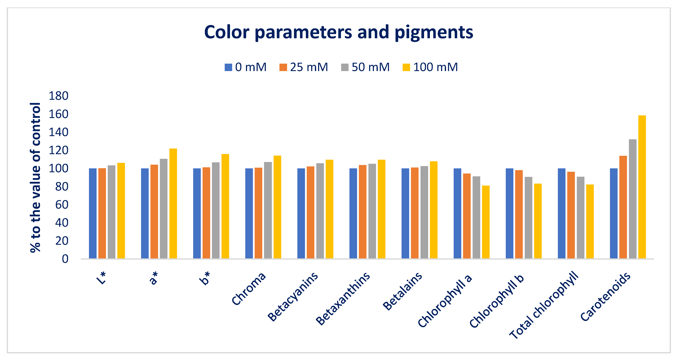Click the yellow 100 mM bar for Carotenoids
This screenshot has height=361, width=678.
pyautogui.click(x=642, y=187)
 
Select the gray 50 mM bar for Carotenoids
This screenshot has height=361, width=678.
pyautogui.click(x=632, y=199)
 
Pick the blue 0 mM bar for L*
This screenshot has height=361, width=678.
pyautogui.click(x=93, y=213)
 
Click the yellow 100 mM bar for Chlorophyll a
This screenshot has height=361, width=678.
pyautogui.click(x=486, y=222)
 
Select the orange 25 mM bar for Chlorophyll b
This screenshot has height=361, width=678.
pyautogui.click(x=519, y=214)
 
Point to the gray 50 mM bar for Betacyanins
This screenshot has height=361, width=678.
pyautogui.click(x=320, y=211)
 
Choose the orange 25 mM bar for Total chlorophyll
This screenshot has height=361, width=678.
pyautogui.click(x=571, y=215)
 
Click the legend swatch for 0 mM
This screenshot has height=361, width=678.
pyautogui.click(x=228, y=67)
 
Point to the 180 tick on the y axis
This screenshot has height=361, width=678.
pyautogui.click(x=58, y=96)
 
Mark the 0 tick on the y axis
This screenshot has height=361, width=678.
pyautogui.click(x=65, y=259)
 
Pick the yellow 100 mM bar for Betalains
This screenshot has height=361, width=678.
pyautogui.click(x=433, y=210)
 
